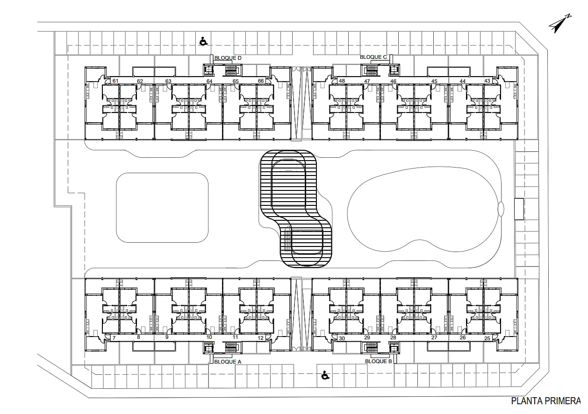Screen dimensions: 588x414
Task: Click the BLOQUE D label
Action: click(x=228, y=58)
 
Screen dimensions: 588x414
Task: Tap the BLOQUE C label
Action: click(x=373, y=57)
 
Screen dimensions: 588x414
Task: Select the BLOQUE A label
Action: click(x=228, y=362)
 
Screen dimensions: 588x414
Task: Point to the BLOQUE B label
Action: click(x=378, y=361)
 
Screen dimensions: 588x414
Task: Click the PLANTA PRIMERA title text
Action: click(x=546, y=401)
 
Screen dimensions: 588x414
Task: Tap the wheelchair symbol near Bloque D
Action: click(x=203, y=41)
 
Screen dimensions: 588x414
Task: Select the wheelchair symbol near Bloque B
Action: click(x=325, y=375)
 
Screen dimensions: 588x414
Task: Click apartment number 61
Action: click(x=115, y=81)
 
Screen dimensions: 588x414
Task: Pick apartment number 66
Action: click(x=261, y=81)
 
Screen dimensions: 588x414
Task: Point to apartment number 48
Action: click(x=342, y=81)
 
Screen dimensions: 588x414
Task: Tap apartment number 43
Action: click(x=487, y=81)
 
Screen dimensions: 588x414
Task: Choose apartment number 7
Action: click(x=114, y=338)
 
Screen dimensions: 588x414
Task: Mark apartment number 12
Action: click(x=260, y=338)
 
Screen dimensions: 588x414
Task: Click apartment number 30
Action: click(x=342, y=338)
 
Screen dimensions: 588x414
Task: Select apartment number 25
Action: click(x=487, y=338)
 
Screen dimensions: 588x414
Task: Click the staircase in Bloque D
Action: click(x=231, y=70)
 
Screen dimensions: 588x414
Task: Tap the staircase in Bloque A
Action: click(x=231, y=347)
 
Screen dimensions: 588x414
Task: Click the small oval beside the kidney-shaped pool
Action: click(x=501, y=209)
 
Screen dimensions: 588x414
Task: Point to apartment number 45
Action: click(x=434, y=81)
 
